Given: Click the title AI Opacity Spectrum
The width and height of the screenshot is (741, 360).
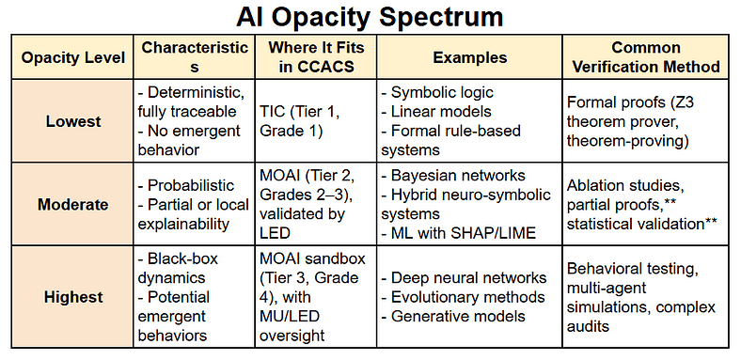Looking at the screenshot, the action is [x=370, y=17].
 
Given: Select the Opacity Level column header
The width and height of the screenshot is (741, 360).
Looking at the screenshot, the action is [x=73, y=57].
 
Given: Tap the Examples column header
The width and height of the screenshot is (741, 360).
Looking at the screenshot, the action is [x=470, y=57].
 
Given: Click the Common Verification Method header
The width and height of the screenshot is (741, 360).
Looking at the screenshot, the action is [x=646, y=57].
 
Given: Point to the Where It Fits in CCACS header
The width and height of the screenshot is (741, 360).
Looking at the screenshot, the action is [x=316, y=57].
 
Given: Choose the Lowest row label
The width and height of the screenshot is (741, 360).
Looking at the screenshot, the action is [x=73, y=121].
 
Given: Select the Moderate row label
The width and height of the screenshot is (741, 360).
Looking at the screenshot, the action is [x=73, y=205].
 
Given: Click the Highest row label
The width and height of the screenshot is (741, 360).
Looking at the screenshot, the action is [x=73, y=297].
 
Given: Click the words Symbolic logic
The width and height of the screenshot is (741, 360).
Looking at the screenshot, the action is [x=442, y=92].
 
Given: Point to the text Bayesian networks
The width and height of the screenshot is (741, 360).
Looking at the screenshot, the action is [x=458, y=175].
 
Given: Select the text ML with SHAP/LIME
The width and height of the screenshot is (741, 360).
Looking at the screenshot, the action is [x=463, y=233].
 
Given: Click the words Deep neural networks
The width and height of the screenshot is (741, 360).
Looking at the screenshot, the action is [x=469, y=278].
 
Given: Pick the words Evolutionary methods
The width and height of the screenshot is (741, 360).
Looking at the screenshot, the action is [x=468, y=297].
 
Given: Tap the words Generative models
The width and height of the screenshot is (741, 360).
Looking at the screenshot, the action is [x=458, y=316].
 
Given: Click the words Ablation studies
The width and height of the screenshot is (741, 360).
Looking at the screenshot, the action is [x=624, y=185].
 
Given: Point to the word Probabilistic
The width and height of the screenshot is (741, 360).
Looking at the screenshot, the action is [x=191, y=185].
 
